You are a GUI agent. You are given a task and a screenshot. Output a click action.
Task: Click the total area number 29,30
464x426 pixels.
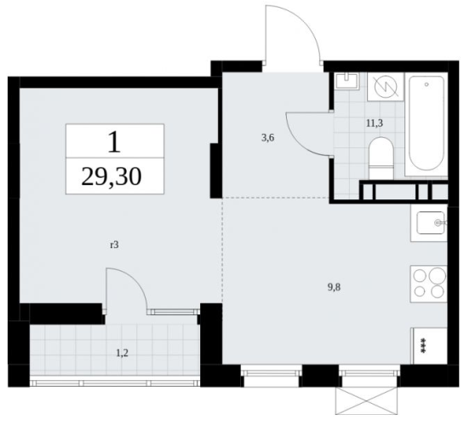pyautogui.click(x=112, y=177)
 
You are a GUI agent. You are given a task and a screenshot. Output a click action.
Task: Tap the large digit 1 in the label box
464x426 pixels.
pyautogui.click(x=114, y=142)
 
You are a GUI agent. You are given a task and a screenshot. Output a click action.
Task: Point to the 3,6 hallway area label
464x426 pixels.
pyautogui.click(x=268, y=138)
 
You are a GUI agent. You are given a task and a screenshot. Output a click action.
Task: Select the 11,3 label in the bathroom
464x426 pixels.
pyautogui.click(x=375, y=123)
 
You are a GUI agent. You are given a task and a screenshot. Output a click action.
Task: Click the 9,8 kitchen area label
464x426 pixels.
pyautogui.click(x=334, y=287)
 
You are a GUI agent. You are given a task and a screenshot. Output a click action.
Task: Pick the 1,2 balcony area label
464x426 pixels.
pyautogui.click(x=122, y=354)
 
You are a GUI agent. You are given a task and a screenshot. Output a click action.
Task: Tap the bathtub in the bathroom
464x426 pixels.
pyautogui.click(x=427, y=124)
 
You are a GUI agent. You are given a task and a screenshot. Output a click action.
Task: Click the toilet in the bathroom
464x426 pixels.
pyautogui.click(x=381, y=158)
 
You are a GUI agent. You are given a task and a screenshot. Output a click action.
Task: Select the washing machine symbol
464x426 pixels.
pyautogui.click(x=386, y=87)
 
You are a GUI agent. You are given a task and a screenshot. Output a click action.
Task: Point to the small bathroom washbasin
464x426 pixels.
pyautogui.click(x=347, y=81)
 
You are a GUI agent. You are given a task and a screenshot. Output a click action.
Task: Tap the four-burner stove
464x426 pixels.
pyautogui.click(x=428, y=285)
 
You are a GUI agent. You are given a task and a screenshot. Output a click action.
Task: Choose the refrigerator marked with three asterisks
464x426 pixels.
pyautogui.click(x=429, y=346)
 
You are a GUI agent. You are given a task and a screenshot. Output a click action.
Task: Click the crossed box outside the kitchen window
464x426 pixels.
pyautogui.click(x=367, y=401)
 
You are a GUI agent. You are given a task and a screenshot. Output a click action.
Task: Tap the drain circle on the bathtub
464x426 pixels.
pyautogui.click(x=427, y=84)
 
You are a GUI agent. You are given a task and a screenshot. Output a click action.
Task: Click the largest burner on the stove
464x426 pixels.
pyautogui.click(x=437, y=276)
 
